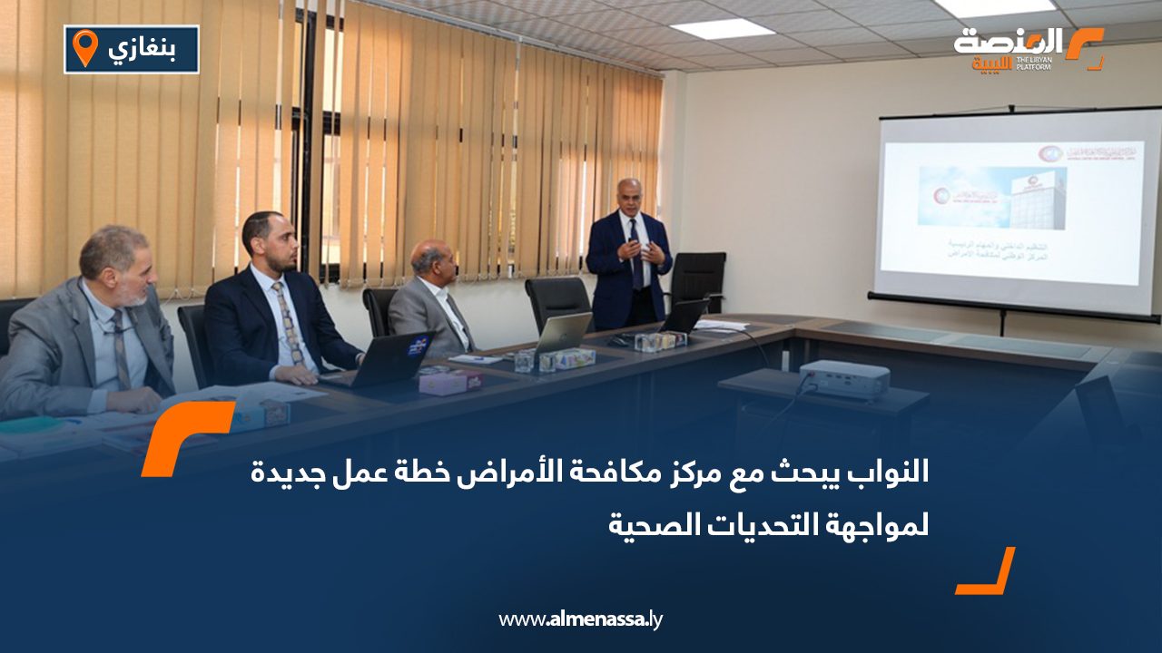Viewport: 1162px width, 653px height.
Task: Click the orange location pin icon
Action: (84, 47)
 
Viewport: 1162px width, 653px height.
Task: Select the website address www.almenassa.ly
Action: (581, 619)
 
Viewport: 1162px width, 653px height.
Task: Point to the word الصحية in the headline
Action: (648, 524)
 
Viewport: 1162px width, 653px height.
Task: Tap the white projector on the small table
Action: (843, 378)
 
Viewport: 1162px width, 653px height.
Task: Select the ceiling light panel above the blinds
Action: (723, 28)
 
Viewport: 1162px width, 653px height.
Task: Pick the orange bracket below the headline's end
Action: (986, 571)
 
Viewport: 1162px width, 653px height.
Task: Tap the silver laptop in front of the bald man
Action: (564, 333)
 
